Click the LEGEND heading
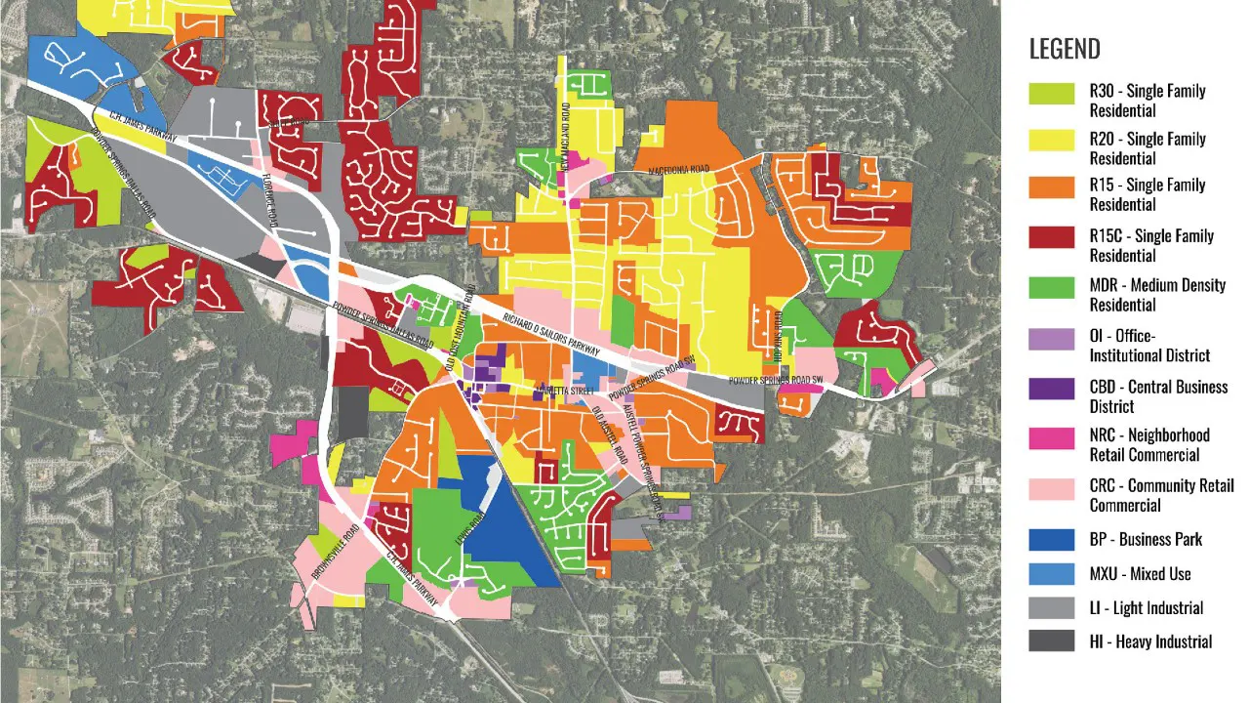tap(1065, 49)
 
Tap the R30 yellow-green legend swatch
tap(1051, 94)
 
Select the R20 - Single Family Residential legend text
tap(1148, 148)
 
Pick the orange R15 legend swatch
tap(1051, 187)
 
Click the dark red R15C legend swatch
tap(1051, 238)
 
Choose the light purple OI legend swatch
tap(1051, 339)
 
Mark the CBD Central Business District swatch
tap(1051, 389)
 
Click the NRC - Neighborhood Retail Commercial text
tap(1149, 444)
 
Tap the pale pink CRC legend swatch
tap(1051, 487)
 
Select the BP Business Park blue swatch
tap(1051, 539)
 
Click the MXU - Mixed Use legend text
tap(1140, 574)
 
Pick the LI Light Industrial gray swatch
tap(1051, 607)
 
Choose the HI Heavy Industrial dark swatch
tap(1051, 641)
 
